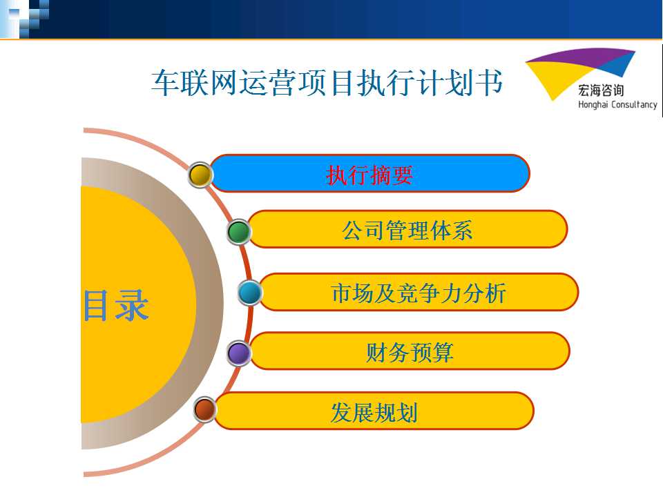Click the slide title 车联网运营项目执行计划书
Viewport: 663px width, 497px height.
tap(327, 82)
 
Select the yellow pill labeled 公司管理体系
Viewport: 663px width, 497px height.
tap(407, 229)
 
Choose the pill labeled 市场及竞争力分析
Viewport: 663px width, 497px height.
tap(419, 292)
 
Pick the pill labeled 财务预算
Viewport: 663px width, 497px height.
tap(410, 351)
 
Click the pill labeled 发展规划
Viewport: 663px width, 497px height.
tap(374, 411)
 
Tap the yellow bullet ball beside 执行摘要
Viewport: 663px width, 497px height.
tap(200, 174)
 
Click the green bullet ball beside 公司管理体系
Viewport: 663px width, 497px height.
tap(239, 232)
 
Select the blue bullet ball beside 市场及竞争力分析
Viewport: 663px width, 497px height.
tap(250, 293)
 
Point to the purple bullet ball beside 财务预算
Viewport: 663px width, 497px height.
tap(239, 353)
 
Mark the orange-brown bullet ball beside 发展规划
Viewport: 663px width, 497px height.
tap(204, 409)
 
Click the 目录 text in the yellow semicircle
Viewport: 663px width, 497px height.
tap(116, 305)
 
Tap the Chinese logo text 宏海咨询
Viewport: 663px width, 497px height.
tap(601, 90)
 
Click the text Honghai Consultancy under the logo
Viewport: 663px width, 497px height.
tap(617, 104)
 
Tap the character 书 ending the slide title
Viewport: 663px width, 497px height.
tap(489, 82)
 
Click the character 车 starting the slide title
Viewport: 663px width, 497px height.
tap(165, 83)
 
